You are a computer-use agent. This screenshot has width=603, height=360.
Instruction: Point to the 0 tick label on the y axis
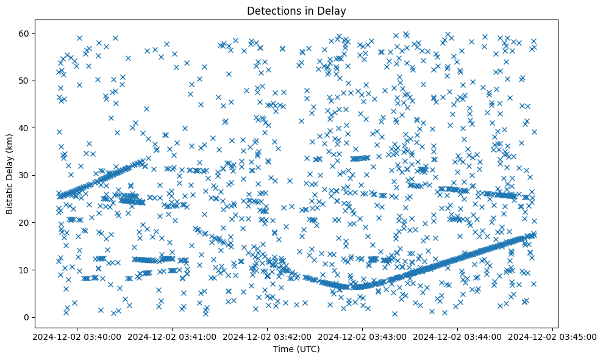(x=26, y=317)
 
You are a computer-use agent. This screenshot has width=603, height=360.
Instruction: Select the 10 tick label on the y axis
(x=24, y=270)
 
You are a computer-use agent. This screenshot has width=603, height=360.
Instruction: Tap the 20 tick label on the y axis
(x=24, y=223)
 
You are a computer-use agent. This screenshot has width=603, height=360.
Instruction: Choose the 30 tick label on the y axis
(x=24, y=175)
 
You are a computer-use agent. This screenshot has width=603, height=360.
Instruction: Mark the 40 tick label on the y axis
(x=24, y=128)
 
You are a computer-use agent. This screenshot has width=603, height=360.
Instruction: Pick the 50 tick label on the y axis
(x=24, y=81)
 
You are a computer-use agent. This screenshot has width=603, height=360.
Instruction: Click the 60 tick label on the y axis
(x=24, y=33)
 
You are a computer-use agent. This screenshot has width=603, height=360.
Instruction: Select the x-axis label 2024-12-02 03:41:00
(x=171, y=336)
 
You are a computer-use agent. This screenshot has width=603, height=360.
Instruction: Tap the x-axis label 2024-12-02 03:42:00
(x=267, y=336)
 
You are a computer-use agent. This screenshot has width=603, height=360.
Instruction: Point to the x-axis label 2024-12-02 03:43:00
(x=363, y=336)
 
